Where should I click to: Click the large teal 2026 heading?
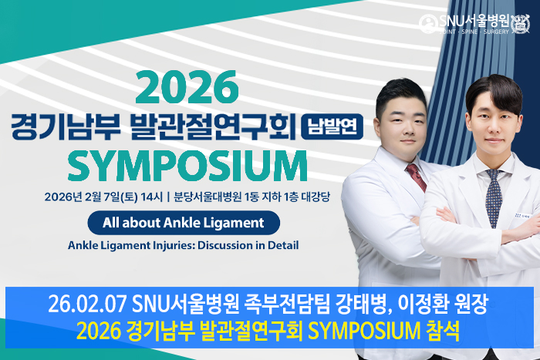point(187,87)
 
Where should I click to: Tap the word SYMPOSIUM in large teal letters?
point(187,166)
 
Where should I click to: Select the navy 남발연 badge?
point(332,126)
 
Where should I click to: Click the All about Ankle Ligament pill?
point(184,223)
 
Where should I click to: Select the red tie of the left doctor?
point(417,177)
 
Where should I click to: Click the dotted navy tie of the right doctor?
point(494,198)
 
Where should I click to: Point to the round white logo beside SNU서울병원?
point(428,24)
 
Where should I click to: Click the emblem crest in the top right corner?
point(521,24)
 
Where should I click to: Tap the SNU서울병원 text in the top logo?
point(474,21)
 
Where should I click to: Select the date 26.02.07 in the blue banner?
point(87,304)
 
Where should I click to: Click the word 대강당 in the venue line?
point(316,197)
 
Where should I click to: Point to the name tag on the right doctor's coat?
point(523,215)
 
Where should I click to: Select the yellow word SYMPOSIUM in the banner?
point(364,331)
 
